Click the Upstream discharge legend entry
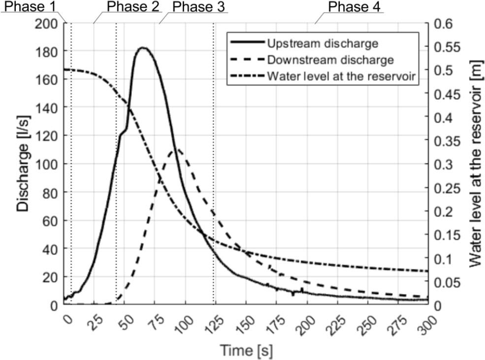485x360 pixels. coord(323,43)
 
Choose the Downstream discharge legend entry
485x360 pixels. coord(330,60)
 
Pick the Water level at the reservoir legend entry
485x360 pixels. coord(343,77)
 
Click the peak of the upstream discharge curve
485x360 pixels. coord(143,48)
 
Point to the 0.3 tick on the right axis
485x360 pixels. coord(443,164)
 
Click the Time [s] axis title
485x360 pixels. coord(245,351)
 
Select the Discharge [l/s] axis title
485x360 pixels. coord(23,164)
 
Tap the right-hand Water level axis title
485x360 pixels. coord(475,164)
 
